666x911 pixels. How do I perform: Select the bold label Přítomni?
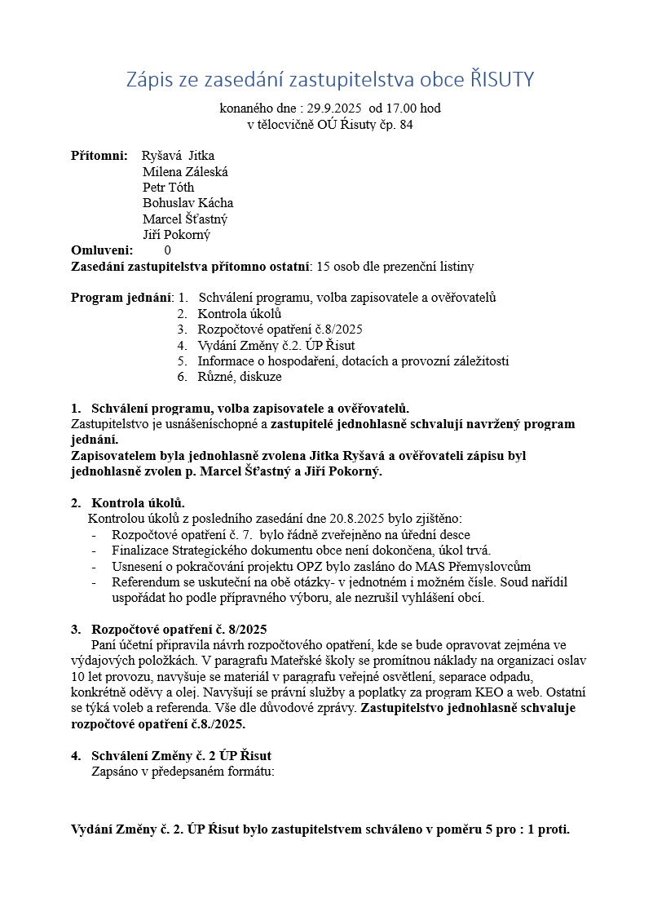pyautogui.click(x=99, y=156)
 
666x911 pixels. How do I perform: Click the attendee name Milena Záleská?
pyautogui.click(x=185, y=171)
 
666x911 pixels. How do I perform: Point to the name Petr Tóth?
pyautogui.click(x=168, y=187)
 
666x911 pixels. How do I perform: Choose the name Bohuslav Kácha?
pyautogui.click(x=187, y=203)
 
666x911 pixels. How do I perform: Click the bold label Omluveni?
pyautogui.click(x=102, y=250)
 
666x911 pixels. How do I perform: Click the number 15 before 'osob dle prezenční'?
pyautogui.click(x=324, y=267)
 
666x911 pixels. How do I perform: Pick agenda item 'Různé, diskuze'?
pyautogui.click(x=240, y=377)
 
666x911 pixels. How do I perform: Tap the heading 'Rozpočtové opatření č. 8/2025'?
pyautogui.click(x=179, y=629)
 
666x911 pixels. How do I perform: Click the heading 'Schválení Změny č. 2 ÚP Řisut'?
pyautogui.click(x=181, y=756)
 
